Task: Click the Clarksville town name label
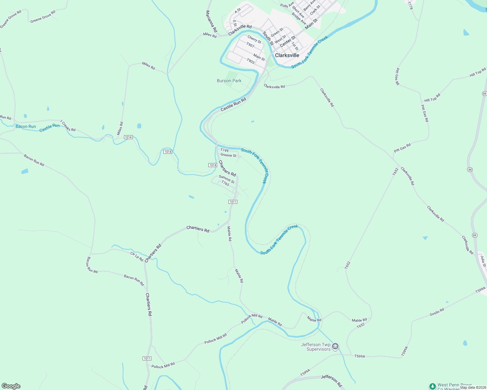(287, 55)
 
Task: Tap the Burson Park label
(229, 81)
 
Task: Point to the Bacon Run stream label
(26, 126)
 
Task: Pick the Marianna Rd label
(211, 21)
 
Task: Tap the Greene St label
(229, 155)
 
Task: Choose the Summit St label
(227, 179)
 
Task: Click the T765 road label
(225, 184)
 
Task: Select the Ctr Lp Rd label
(137, 257)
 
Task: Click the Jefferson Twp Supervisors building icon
(336, 346)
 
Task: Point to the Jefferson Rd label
(331, 381)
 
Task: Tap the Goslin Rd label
(437, 312)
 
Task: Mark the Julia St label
(483, 261)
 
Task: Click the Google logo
(11, 386)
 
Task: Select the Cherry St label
(254, 40)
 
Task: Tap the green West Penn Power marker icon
(433, 386)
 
